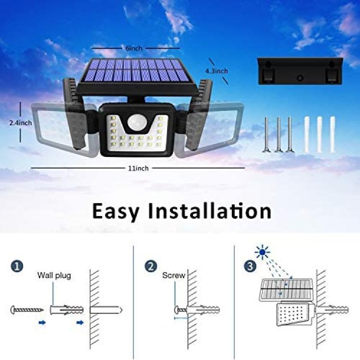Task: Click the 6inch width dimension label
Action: pos(134,48)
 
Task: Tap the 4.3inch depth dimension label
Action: pos(216,71)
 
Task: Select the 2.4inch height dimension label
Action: pos(21,123)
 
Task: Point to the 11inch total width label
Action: pos(138,168)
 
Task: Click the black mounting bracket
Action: pos(300,71)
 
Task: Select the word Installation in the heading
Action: pos(210,211)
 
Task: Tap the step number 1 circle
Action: pos(17,266)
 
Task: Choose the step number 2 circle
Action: pos(151,266)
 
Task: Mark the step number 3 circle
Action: pos(250,266)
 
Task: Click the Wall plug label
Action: pos(54,276)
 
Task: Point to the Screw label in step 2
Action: pos(174,276)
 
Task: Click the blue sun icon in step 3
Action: pos(263,252)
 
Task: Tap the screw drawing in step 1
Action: pos(27,310)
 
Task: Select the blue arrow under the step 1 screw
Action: pos(42,323)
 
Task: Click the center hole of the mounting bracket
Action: pos(300,78)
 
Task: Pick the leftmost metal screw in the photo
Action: pos(266,134)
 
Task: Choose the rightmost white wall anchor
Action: pos(333,134)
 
